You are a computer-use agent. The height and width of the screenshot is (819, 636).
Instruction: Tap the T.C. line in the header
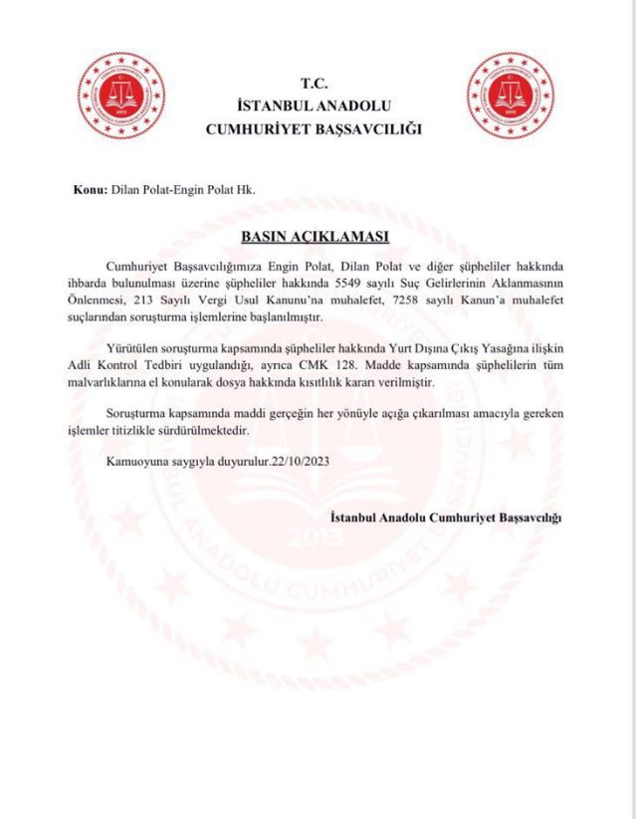pyautogui.click(x=314, y=84)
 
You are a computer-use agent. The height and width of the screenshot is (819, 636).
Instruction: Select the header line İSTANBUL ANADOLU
pyautogui.click(x=314, y=105)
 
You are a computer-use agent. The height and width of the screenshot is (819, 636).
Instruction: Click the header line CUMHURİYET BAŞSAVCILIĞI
pyautogui.click(x=314, y=127)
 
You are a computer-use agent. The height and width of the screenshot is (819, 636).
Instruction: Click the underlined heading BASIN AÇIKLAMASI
pyautogui.click(x=314, y=237)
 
